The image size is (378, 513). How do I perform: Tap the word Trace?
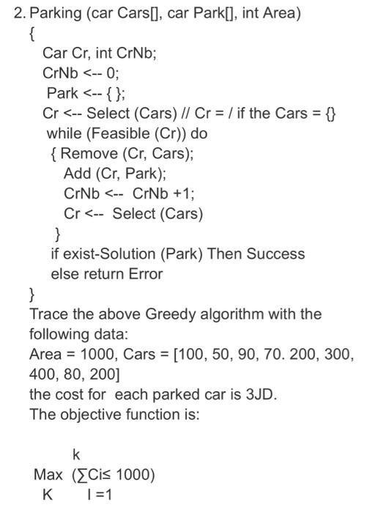pyautogui.click(x=47, y=314)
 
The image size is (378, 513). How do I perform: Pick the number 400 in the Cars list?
pyautogui.click(x=42, y=374)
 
